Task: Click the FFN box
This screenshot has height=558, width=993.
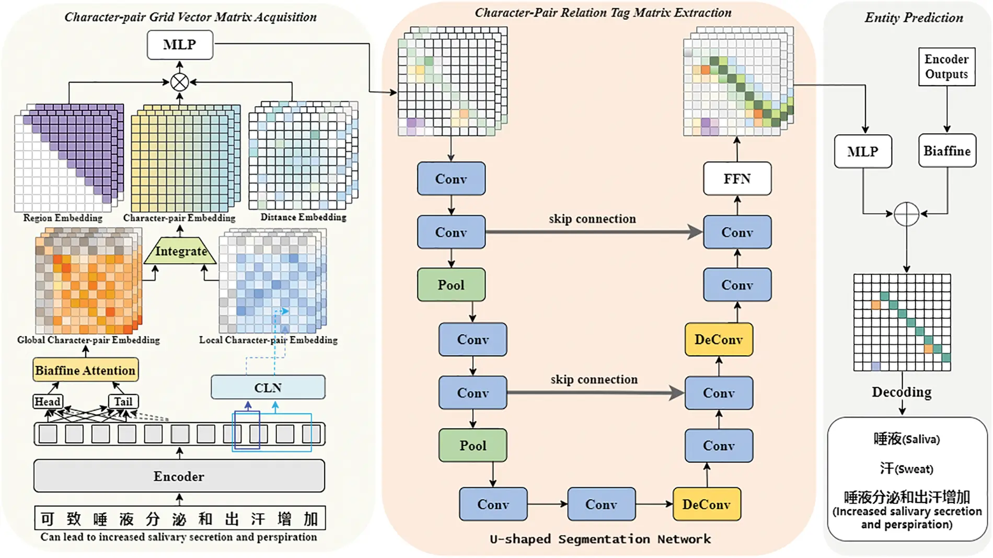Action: [737, 179]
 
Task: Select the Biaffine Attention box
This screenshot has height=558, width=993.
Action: [86, 370]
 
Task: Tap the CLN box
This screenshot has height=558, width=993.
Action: [268, 388]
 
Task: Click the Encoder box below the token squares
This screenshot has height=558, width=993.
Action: [179, 476]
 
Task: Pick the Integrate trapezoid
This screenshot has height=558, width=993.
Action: [180, 251]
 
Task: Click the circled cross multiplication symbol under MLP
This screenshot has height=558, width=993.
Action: [179, 82]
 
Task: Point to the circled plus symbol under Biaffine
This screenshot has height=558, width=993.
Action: [906, 214]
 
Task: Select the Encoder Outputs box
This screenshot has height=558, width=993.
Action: [946, 66]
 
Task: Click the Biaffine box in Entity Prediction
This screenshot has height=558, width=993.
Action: [946, 151]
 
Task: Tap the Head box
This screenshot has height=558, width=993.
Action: [47, 401]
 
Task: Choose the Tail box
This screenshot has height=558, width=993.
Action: [123, 401]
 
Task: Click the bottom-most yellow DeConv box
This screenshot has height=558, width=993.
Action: [706, 504]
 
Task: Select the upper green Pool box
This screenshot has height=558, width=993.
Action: [451, 285]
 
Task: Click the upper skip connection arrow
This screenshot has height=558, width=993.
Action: [593, 232]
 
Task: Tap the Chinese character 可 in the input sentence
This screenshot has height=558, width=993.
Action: [48, 519]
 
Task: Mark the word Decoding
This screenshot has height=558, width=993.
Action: [902, 392]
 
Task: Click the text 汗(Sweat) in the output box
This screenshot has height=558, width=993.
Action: [906, 469]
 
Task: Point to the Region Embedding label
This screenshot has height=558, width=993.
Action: [63, 218]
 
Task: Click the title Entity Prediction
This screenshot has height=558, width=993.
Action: [914, 18]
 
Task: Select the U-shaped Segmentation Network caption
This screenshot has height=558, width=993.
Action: [600, 539]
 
